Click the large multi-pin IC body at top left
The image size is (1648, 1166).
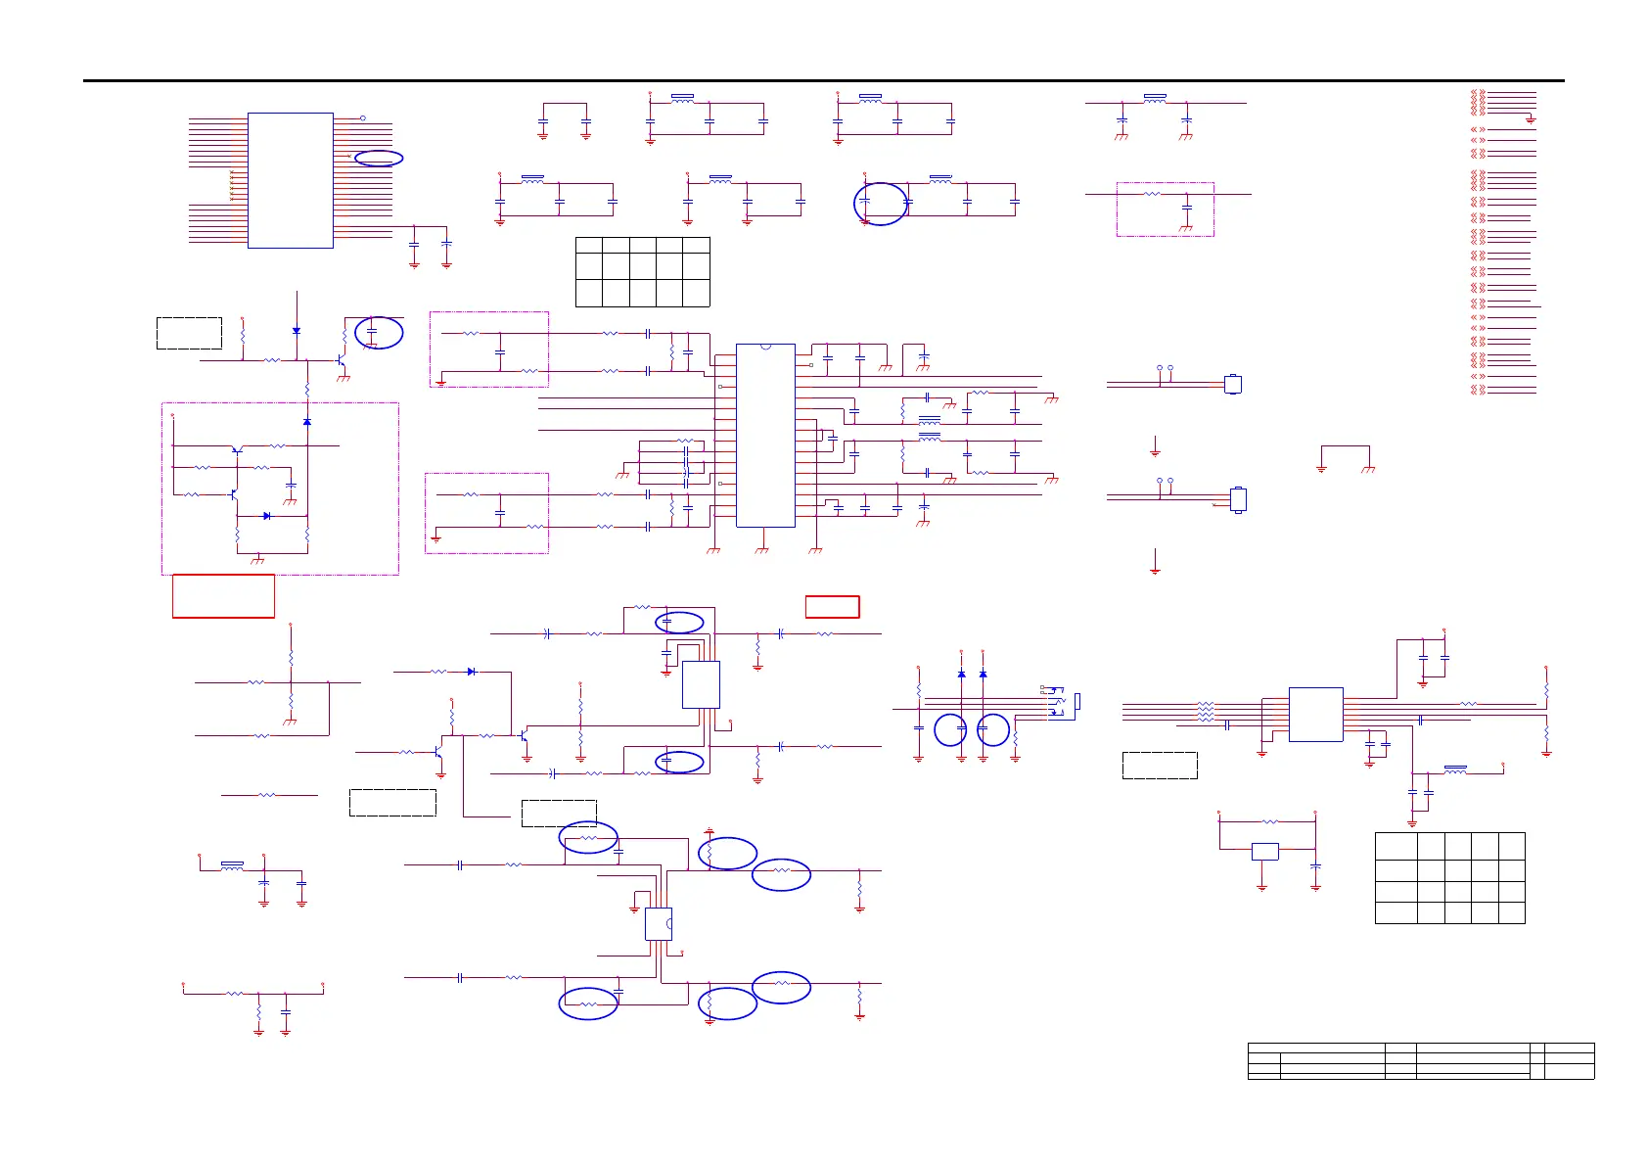coord(291,180)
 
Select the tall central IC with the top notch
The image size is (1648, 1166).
coord(765,435)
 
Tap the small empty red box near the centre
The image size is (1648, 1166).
coord(832,607)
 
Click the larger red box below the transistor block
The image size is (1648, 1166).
coord(223,596)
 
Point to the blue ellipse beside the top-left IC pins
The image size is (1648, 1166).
coord(379,158)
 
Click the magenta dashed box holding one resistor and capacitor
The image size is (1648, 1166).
coord(1165,209)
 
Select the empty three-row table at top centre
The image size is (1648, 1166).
coord(642,271)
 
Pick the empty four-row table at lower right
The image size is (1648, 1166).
coord(1449,878)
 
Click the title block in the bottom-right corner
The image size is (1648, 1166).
coord(1421,1061)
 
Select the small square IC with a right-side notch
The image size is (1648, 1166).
coord(659,924)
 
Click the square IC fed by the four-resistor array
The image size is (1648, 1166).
coord(1315,715)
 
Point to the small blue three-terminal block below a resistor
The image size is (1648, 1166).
coord(1265,852)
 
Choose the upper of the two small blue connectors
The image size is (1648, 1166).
coord(1234,384)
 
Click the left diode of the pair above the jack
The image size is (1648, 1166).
coord(961,674)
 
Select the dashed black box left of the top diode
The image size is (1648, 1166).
coord(189,333)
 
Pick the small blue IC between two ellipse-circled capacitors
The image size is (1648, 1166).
coord(701,684)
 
